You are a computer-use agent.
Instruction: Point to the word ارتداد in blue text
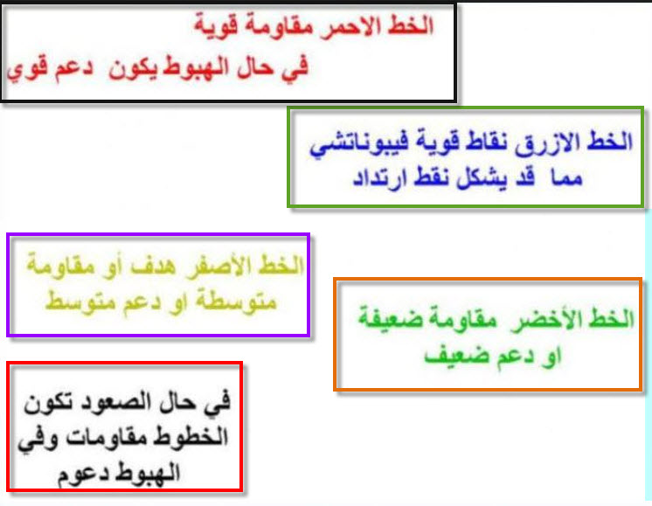pyautogui.click(x=379, y=179)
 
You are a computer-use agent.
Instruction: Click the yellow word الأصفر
pyautogui.click(x=219, y=267)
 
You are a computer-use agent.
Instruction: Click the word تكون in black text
pyautogui.click(x=47, y=403)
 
